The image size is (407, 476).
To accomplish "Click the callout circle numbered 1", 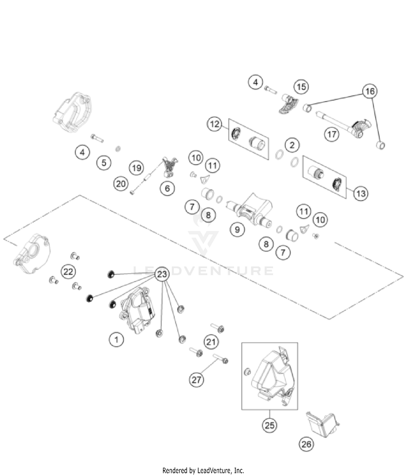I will [116, 339].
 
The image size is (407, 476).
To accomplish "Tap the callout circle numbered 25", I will [269, 425].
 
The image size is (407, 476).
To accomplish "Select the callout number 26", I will [306, 444].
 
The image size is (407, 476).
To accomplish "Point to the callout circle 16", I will [370, 91].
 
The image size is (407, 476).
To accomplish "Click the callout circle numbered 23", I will [162, 274].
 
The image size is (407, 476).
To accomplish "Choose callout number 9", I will [237, 230].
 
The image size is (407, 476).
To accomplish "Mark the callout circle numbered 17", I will [332, 134].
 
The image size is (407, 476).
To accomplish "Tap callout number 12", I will [215, 124].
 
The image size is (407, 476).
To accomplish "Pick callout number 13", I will [361, 193].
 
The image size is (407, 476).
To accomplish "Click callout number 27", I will [196, 380].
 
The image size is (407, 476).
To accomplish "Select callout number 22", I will [68, 271].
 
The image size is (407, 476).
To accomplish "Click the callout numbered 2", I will [292, 145].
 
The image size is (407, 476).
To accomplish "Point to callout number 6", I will [167, 188].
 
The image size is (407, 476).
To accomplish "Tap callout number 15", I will [301, 87].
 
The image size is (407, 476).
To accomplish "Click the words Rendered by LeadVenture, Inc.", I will [203, 470].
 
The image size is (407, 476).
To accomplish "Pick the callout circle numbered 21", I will [211, 342].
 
